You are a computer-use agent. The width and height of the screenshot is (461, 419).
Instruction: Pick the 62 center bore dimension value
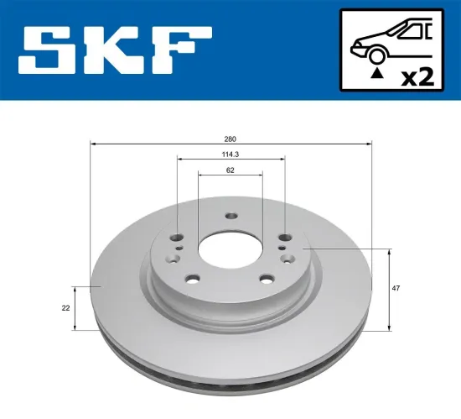(x=230, y=170)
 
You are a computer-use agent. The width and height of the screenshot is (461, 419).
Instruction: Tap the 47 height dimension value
(x=396, y=288)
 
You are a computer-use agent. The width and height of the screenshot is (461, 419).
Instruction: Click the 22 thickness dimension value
(x=65, y=308)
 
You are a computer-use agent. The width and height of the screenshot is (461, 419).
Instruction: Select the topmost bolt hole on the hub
(x=230, y=214)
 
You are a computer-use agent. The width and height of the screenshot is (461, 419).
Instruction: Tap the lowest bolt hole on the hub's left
(x=192, y=280)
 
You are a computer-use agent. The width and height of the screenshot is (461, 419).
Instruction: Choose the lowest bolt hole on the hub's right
(x=267, y=280)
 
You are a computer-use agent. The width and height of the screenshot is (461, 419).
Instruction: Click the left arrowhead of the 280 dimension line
(x=91, y=144)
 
